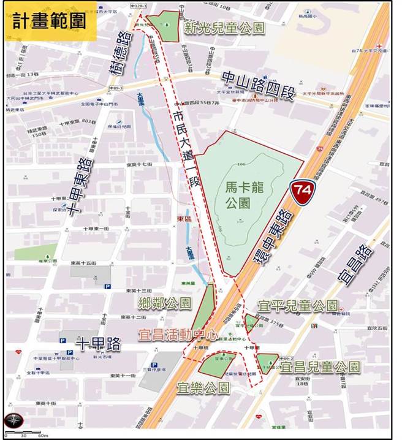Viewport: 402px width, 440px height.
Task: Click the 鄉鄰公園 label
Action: [165, 302]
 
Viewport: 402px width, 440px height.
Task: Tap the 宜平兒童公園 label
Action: [298, 305]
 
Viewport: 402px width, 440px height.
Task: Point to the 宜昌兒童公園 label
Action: [320, 367]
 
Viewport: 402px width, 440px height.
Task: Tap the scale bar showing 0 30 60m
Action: [25, 434]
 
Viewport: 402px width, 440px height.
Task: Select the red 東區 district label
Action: [184, 219]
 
